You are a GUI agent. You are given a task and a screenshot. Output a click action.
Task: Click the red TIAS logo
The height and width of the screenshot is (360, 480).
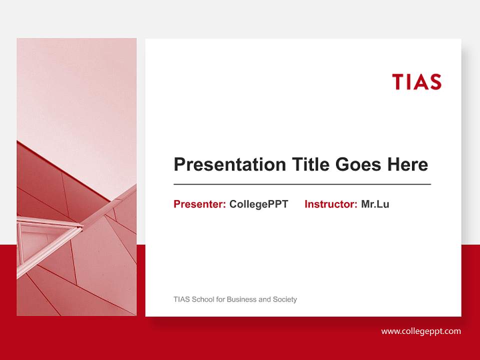tap(416, 81)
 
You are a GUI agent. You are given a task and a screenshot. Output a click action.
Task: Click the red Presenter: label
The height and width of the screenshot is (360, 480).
tap(199, 204)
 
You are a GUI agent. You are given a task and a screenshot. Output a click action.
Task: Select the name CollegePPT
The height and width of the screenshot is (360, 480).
tap(258, 204)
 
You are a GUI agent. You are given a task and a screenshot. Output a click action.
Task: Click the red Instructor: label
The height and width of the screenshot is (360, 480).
tap(330, 204)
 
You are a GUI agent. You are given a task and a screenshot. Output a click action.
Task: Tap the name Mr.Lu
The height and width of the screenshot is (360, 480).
tap(375, 204)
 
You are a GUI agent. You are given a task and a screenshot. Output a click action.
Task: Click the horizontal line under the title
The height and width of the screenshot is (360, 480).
tap(302, 184)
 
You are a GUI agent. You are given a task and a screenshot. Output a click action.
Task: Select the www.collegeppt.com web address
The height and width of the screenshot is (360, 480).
tap(421, 331)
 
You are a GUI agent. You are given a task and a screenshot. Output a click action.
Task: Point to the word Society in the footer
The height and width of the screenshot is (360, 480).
tap(285, 299)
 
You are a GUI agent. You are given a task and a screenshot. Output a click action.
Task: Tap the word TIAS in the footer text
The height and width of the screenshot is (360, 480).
tap(181, 299)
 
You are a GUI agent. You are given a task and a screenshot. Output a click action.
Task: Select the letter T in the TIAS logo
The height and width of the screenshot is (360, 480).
tap(397, 81)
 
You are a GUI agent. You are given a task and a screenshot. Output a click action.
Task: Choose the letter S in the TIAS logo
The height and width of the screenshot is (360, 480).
tap(434, 81)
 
